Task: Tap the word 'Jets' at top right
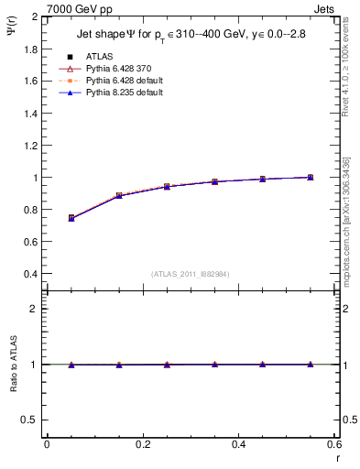(324, 9)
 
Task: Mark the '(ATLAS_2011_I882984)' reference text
(190, 273)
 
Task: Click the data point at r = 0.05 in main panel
(71, 218)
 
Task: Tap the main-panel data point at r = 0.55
(311, 177)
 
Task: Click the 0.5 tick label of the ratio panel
(29, 420)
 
